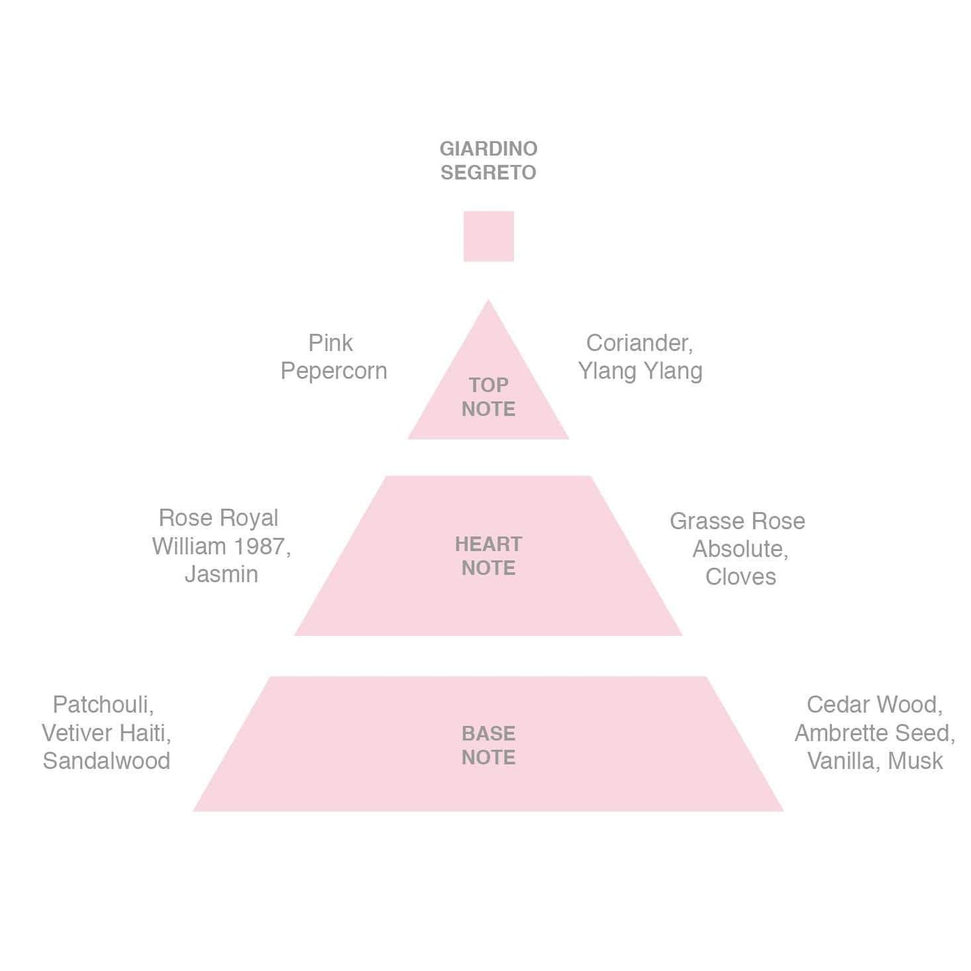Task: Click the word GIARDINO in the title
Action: click(x=488, y=149)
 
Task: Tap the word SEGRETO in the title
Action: click(x=488, y=173)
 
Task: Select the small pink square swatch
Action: click(x=489, y=237)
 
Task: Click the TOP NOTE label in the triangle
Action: click(x=489, y=397)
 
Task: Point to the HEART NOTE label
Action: click(x=489, y=556)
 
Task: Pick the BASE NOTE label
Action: click(x=489, y=745)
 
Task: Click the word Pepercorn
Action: click(x=333, y=371)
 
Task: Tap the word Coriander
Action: click(x=638, y=343)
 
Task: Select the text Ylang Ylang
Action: click(x=640, y=371)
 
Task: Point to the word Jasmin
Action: click(x=221, y=575)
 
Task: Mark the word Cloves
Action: click(x=741, y=577)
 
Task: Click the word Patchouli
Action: click(x=101, y=704)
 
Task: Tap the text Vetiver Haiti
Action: click(x=105, y=732)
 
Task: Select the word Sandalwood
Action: click(x=106, y=761)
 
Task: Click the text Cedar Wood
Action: click(x=873, y=704)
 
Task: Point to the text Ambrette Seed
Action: click(x=873, y=732)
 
